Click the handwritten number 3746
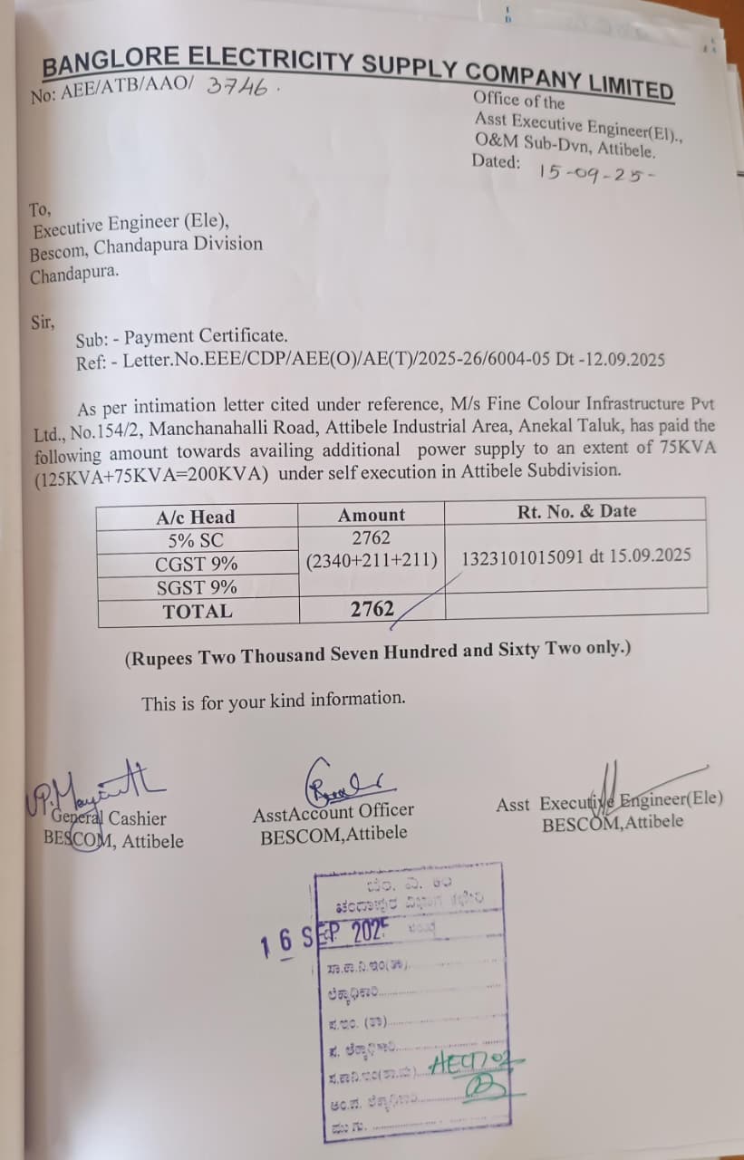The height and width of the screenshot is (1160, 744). pos(238,86)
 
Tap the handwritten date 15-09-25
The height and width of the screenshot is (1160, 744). pos(594,171)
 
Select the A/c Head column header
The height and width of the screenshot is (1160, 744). pos(195,517)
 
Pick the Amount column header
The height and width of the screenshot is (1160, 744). pos(372,515)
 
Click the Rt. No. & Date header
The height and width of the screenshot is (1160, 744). pos(576,511)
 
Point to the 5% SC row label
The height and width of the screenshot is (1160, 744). pos(195,540)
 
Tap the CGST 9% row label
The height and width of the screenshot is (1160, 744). pos(196,564)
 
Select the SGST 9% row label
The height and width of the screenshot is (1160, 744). pos(197,587)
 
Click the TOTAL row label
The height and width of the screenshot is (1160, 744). pos(197,611)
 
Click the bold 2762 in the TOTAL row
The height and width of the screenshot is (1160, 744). pos(372,609)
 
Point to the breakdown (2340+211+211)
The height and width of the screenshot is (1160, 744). pos(372,561)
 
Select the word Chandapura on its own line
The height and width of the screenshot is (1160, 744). pos(74,275)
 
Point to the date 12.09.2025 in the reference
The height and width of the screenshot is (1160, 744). pos(622,359)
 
